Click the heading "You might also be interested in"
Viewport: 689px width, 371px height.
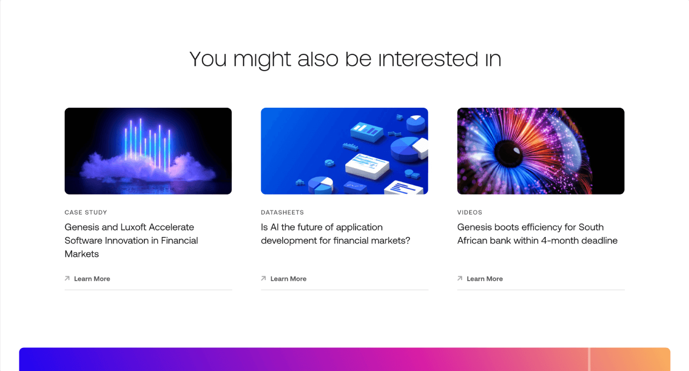tap(345, 59)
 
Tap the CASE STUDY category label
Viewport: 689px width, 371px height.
tap(86, 212)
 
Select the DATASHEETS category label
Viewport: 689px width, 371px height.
tap(282, 212)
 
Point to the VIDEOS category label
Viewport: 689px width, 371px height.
tap(469, 212)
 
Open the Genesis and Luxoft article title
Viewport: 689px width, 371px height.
tap(131, 240)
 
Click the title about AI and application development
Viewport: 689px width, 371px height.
tap(336, 234)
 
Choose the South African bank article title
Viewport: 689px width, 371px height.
tap(538, 234)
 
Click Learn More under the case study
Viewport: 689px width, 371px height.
tap(92, 279)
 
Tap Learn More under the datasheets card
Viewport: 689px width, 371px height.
tap(288, 279)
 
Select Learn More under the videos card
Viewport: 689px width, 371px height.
tap(484, 279)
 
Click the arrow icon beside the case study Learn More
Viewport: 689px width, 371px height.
tap(67, 278)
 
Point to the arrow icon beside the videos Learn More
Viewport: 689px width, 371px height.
tap(460, 278)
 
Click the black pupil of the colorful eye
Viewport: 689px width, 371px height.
tap(507, 153)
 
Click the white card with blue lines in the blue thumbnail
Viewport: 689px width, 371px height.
tap(367, 166)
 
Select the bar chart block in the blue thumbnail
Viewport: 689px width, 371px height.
tap(367, 131)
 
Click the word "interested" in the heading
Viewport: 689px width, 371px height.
tap(428, 59)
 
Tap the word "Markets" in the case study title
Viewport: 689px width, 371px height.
tap(81, 254)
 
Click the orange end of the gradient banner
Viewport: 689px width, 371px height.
tap(655, 359)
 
